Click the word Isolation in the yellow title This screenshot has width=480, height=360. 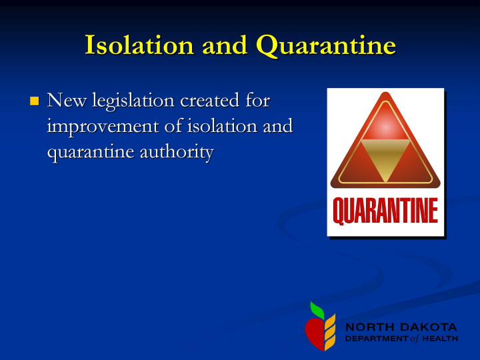click(x=139, y=45)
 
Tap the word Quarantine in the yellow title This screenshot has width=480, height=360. click(x=326, y=46)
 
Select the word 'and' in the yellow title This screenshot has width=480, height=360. click(x=225, y=45)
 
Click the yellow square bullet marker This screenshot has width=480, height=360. click(x=34, y=101)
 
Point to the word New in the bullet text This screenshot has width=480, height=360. click(x=67, y=100)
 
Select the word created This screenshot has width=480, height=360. click(x=210, y=101)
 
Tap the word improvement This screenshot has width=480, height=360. click(x=103, y=127)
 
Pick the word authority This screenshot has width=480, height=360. click(x=177, y=153)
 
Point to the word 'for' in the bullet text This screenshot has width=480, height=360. click(x=257, y=100)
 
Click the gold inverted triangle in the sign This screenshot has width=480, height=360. click(x=385, y=161)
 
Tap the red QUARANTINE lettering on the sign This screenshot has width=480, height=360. click(x=385, y=211)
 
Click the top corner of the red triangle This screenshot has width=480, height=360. click(x=385, y=92)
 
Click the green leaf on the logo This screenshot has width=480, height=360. click(x=317, y=310)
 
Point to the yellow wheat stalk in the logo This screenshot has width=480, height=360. click(x=330, y=332)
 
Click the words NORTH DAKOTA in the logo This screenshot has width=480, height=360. click(x=401, y=327)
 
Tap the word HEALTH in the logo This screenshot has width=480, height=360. click(x=440, y=339)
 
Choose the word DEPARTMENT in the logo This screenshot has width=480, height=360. click(x=377, y=339)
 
